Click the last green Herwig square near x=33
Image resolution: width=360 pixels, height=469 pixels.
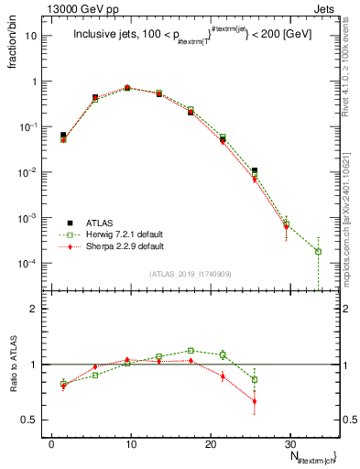click(318, 251)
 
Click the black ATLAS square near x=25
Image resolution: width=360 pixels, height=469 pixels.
click(255, 170)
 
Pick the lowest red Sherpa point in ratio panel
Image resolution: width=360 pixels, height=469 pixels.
click(255, 401)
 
